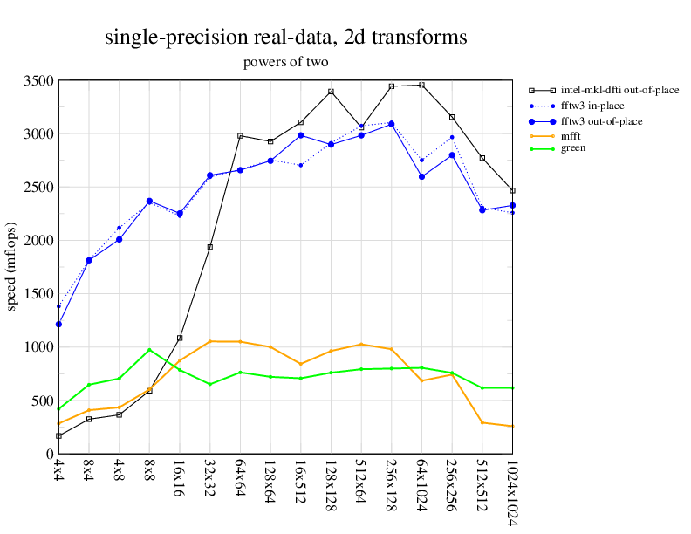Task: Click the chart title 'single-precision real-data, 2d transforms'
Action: tap(285, 38)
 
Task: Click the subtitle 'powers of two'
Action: tap(285, 63)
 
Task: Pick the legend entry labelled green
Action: tap(574, 148)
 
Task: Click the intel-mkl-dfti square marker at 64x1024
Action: tap(422, 85)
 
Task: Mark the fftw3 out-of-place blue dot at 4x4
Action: tap(58, 325)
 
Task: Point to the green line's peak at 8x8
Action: tap(149, 350)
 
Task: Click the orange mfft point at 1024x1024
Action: tap(513, 426)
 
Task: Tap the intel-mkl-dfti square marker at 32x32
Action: tap(210, 247)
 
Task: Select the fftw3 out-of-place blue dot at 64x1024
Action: tap(422, 176)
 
